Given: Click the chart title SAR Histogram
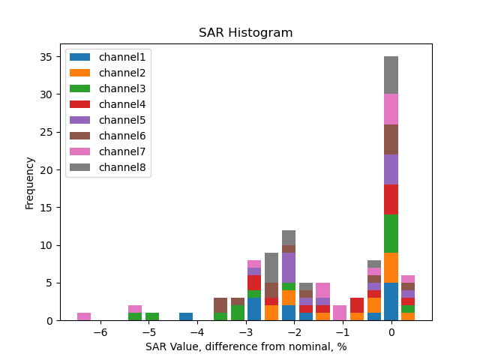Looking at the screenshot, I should (245, 33).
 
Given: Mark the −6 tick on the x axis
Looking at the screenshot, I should (100, 331).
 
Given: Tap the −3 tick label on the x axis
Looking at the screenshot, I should (245, 331).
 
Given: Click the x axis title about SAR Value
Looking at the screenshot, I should (245, 346).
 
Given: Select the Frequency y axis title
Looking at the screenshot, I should (30, 182).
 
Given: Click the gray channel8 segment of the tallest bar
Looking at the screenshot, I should (391, 75).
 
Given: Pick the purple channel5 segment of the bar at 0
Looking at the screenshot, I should (391, 169).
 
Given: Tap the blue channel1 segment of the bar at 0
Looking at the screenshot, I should (391, 301).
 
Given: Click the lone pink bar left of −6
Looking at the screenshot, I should (84, 316).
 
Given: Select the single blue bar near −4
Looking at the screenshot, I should (186, 316).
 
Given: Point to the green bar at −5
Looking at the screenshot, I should (152, 316).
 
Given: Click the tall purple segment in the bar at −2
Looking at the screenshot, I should (289, 268).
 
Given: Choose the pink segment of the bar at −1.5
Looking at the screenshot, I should (322, 290).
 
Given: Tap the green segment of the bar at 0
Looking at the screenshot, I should (391, 233).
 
